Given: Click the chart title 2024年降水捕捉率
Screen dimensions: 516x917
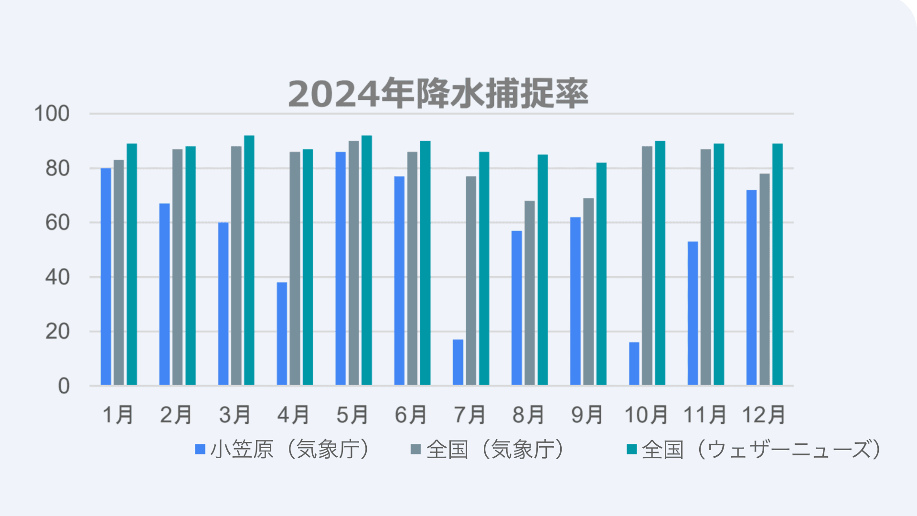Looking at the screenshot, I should coord(438,94).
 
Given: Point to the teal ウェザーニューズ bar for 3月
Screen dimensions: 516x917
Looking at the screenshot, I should coord(249,260).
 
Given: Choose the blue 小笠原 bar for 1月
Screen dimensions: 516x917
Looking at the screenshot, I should coord(106,277).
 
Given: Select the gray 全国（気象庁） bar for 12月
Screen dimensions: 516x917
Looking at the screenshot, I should coord(764,279).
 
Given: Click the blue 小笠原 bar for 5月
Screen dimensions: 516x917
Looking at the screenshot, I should coord(341,269).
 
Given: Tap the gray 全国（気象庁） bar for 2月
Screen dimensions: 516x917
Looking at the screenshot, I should coord(177,267).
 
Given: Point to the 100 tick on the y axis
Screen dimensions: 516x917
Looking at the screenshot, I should coord(52,114).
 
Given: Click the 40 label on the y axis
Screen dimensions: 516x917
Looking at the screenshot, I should coord(57,278).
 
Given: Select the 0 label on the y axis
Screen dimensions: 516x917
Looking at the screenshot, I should coord(64,386).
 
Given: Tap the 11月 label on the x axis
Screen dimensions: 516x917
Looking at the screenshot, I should coord(705,415).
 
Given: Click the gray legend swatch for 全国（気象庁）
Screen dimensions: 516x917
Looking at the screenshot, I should coord(416,450).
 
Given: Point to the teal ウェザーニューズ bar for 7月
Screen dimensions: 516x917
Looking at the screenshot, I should coord(484,269).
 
